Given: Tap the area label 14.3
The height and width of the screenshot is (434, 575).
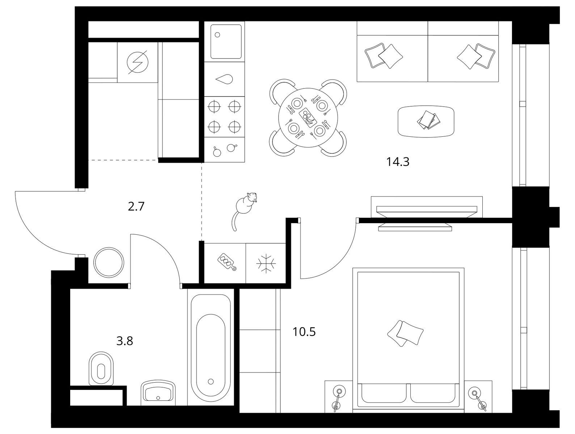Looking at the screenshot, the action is [x=398, y=162].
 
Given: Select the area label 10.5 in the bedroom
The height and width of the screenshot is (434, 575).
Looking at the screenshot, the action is [x=304, y=332].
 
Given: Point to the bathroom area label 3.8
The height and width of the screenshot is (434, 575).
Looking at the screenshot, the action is [x=125, y=341].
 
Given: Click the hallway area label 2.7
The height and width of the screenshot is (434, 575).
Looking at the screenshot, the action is [x=136, y=207].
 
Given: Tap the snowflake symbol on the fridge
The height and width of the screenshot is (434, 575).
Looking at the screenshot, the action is [x=266, y=263].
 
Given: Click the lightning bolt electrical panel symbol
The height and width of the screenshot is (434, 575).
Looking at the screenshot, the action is [x=138, y=62].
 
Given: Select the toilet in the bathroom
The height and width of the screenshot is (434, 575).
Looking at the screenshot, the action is [x=101, y=369].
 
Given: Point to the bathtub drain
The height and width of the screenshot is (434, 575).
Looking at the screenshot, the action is [x=211, y=382].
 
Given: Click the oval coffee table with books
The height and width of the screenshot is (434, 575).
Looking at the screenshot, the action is [x=426, y=121].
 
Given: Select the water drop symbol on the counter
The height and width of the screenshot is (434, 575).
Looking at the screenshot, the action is [x=224, y=79].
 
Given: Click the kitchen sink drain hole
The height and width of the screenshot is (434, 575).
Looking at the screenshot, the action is [x=217, y=35].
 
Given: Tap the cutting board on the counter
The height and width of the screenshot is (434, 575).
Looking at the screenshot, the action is [x=227, y=262].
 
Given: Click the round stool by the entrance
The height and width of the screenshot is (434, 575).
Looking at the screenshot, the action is [x=109, y=263].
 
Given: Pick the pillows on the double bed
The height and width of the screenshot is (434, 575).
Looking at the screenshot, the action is [x=405, y=333].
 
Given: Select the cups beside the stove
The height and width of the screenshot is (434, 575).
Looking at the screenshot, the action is [x=225, y=149].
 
